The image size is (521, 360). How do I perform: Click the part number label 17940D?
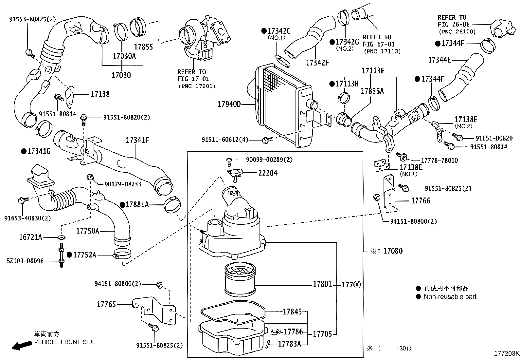click(229, 104)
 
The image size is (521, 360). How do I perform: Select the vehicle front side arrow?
click(20, 346)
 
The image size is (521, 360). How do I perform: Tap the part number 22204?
click(268, 173)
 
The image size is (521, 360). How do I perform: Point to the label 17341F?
click(137, 141)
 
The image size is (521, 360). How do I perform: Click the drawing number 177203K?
click(507, 353)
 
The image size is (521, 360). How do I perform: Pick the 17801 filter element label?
click(322, 284)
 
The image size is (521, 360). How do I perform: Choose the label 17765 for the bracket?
click(106, 304)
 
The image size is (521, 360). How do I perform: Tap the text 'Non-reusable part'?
click(450, 297)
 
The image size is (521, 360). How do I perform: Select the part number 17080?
click(393, 251)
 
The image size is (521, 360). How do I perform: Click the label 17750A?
click(87, 231)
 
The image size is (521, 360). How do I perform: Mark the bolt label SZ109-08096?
click(25, 261)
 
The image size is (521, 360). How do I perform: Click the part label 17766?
click(421, 200)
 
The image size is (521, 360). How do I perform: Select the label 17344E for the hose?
click(439, 60)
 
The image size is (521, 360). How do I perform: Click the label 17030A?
click(124, 56)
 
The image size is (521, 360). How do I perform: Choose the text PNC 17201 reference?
click(197, 86)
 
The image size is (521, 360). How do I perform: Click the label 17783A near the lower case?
click(289, 344)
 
